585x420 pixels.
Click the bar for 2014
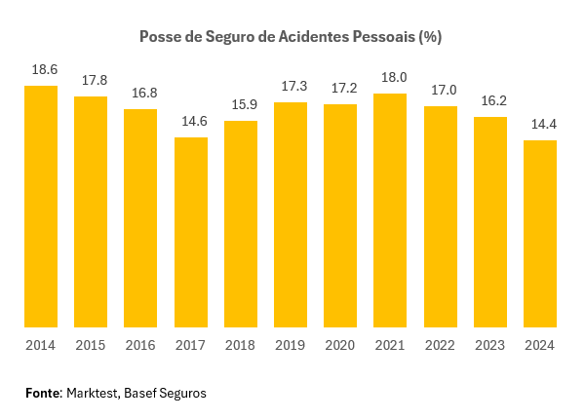pyautogui.click(x=41, y=207)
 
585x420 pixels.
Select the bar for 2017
pyautogui.click(x=191, y=232)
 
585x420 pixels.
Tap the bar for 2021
pyautogui.click(x=390, y=210)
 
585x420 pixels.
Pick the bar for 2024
pyautogui.click(x=540, y=234)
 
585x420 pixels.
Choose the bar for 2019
pyautogui.click(x=291, y=214)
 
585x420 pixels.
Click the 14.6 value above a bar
pyautogui.click(x=191, y=122)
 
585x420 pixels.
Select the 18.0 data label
pyautogui.click(x=390, y=78)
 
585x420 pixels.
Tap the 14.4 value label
pyautogui.click(x=540, y=125)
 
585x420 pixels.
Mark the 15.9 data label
pyautogui.click(x=241, y=105)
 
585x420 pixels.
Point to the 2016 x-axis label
pyautogui.click(x=140, y=345)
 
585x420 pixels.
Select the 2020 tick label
pyautogui.click(x=340, y=345)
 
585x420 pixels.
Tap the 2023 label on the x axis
pyautogui.click(x=490, y=345)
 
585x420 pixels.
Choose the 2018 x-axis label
pyautogui.click(x=241, y=345)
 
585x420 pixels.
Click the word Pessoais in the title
pyautogui.click(x=381, y=37)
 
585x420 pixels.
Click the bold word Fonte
pyautogui.click(x=43, y=393)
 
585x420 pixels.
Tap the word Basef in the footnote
pyautogui.click(x=140, y=393)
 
